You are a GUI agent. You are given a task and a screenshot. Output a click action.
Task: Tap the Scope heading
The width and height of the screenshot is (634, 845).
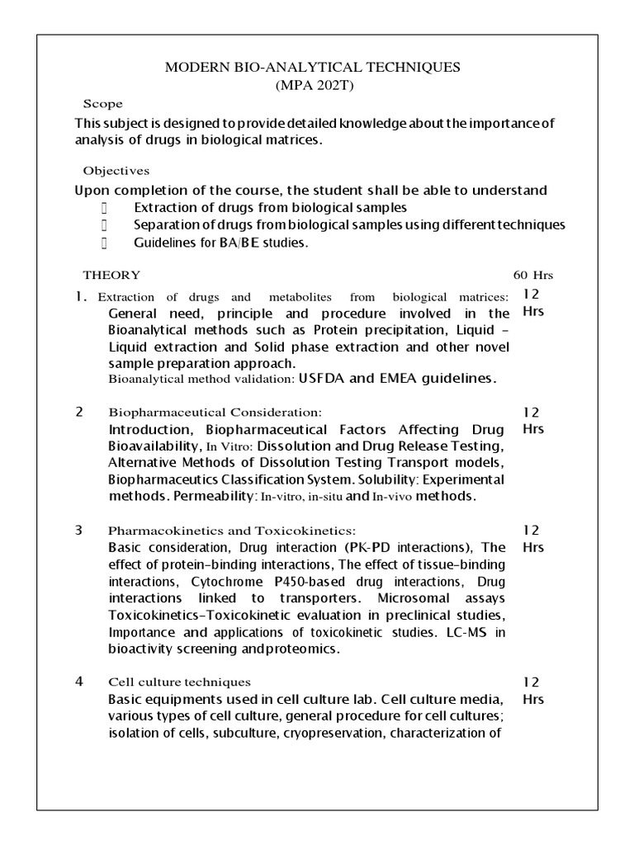coord(103,104)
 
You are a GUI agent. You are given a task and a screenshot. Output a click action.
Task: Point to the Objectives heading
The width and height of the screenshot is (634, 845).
coord(116,171)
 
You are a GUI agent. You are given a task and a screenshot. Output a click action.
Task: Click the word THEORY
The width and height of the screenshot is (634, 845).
coord(111,275)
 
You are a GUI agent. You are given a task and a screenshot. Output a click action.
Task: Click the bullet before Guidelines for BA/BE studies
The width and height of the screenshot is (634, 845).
coord(105,243)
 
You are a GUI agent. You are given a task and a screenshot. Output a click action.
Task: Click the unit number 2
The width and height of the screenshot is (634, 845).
coord(79,412)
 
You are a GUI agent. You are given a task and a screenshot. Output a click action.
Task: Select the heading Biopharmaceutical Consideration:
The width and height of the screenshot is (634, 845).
coord(215,412)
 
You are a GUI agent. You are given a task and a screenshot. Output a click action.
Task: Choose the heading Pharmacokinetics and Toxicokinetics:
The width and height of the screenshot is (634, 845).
coord(232,530)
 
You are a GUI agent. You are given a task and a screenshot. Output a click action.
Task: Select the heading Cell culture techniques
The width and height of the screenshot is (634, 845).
coord(180,682)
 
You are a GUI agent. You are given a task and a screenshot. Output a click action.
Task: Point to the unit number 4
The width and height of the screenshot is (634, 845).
coord(79,682)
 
